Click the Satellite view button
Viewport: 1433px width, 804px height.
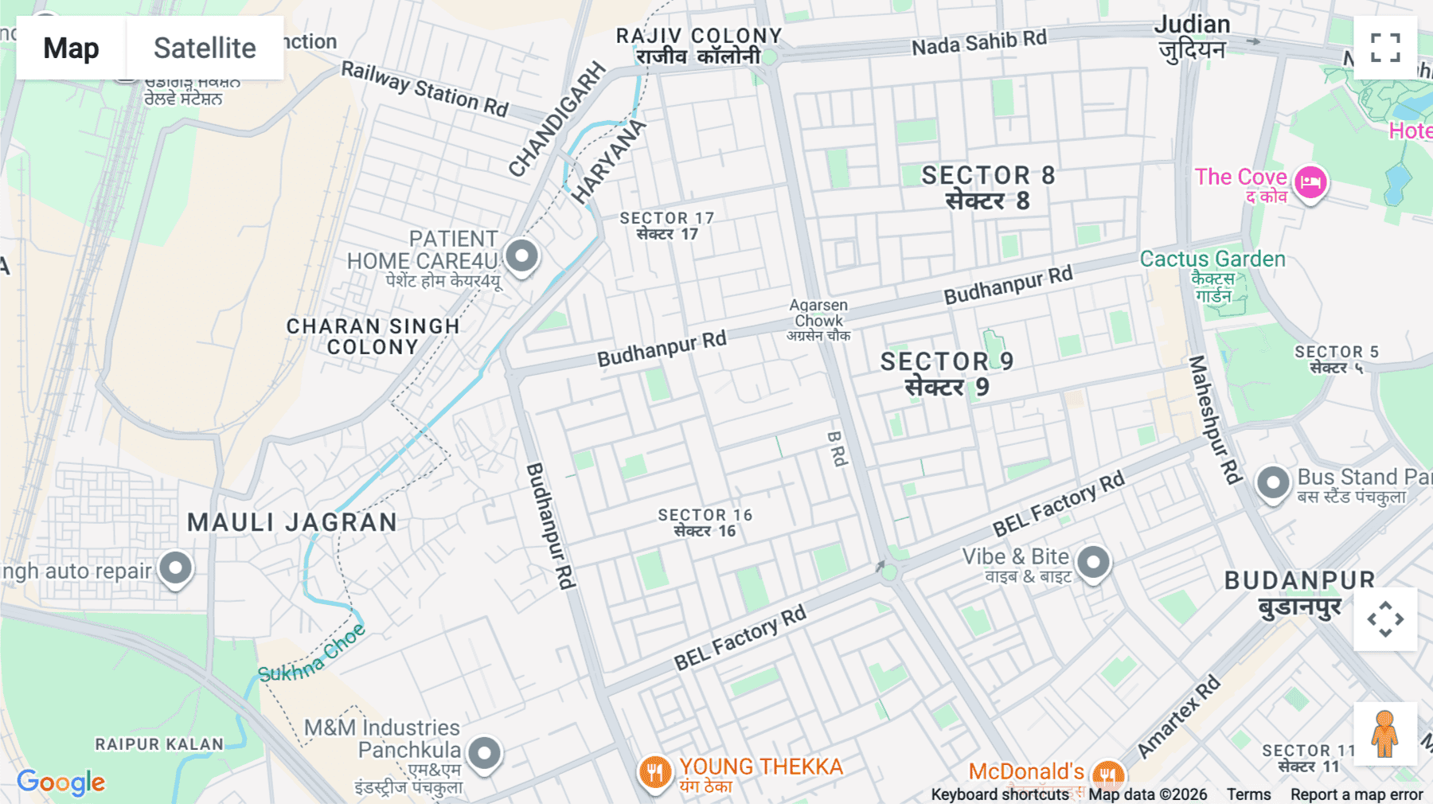click(x=205, y=48)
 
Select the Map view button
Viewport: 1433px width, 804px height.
click(x=71, y=48)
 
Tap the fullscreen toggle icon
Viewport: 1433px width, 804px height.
click(x=1385, y=48)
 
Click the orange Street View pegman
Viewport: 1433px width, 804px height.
click(x=1384, y=734)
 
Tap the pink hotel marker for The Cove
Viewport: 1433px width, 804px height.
click(x=1310, y=183)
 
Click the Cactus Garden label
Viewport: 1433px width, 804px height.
click(x=1212, y=260)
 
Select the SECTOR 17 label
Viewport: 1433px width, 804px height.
click(x=667, y=218)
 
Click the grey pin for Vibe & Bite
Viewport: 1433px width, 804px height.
click(x=1093, y=563)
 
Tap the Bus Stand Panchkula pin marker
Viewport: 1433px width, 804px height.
click(x=1272, y=482)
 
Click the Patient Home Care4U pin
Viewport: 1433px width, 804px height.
click(x=521, y=256)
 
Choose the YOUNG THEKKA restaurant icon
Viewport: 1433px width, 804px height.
click(x=654, y=771)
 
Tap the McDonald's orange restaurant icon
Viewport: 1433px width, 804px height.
click(x=1107, y=773)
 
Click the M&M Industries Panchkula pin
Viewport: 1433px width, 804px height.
click(x=484, y=752)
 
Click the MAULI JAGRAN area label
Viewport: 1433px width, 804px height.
click(x=292, y=522)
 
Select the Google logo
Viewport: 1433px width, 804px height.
click(x=61, y=783)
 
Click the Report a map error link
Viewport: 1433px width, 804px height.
click(x=1356, y=794)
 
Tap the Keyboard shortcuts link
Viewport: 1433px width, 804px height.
click(x=1000, y=794)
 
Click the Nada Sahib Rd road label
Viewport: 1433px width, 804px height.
click(x=978, y=42)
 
